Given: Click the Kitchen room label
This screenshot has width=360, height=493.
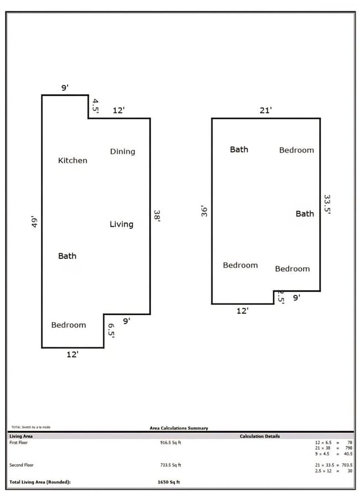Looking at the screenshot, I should (x=73, y=160).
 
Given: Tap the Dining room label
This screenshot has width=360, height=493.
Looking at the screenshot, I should (x=122, y=152).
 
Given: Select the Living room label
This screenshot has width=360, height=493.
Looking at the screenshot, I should (x=121, y=224).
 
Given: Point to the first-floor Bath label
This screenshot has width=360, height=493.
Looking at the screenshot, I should (x=68, y=256).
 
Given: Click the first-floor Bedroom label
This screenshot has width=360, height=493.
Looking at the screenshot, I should (x=69, y=325).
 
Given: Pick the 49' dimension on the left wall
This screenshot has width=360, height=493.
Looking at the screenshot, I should (x=34, y=222).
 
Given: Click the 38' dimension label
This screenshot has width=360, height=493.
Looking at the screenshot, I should (x=157, y=216).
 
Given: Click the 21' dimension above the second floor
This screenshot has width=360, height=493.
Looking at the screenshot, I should (x=266, y=110).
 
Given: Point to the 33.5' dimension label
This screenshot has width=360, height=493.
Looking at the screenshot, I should (x=327, y=206).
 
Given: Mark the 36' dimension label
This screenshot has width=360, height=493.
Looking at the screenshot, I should (x=204, y=211).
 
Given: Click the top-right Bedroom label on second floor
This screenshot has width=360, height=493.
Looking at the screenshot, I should (x=296, y=150).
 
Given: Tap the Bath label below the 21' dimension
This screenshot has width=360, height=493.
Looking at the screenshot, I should (x=239, y=149).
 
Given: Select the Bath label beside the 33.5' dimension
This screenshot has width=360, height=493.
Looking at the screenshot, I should (x=305, y=214).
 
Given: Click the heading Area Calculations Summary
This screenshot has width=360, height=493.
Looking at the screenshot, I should (x=179, y=428).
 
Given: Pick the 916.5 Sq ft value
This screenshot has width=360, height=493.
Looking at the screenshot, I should (x=170, y=443).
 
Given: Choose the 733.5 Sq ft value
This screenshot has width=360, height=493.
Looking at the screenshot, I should (x=170, y=465).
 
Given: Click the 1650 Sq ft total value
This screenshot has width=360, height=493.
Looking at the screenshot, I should (x=169, y=482).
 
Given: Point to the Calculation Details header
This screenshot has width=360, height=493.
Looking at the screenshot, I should (x=260, y=436).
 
